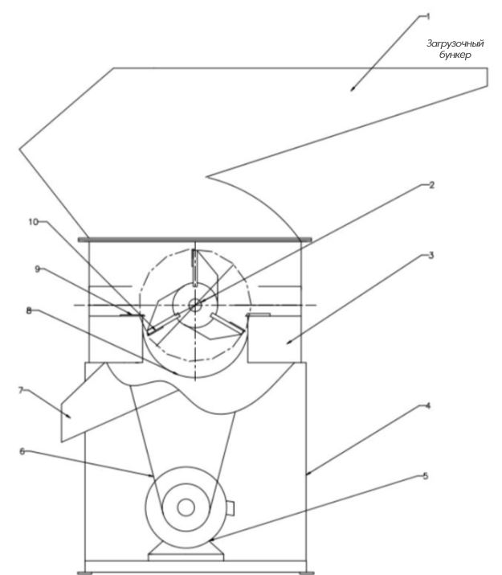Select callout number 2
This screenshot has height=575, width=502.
(431, 184)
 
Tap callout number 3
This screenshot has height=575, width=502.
(431, 257)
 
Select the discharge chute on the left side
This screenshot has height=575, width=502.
(88, 402)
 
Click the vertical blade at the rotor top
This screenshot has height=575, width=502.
(194, 269)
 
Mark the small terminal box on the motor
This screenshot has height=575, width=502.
(230, 507)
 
